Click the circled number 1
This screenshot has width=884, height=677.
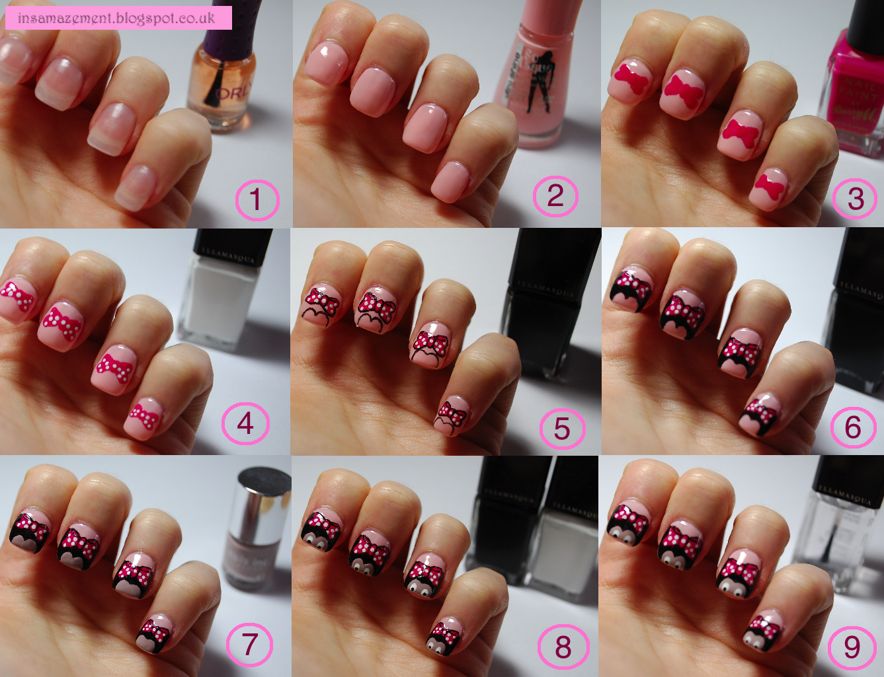click(257, 199)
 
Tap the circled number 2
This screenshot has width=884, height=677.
click(555, 196)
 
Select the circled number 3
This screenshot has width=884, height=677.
click(856, 197)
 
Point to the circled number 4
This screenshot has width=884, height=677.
click(245, 423)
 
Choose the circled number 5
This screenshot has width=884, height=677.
click(562, 428)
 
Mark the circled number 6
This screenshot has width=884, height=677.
click(853, 427)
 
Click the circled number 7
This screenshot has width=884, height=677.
click(249, 644)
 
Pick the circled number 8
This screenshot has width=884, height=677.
click(563, 647)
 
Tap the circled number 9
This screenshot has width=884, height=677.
click(852, 647)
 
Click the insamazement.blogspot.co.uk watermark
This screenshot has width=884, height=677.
click(118, 18)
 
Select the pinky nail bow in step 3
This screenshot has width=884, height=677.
click(770, 185)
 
